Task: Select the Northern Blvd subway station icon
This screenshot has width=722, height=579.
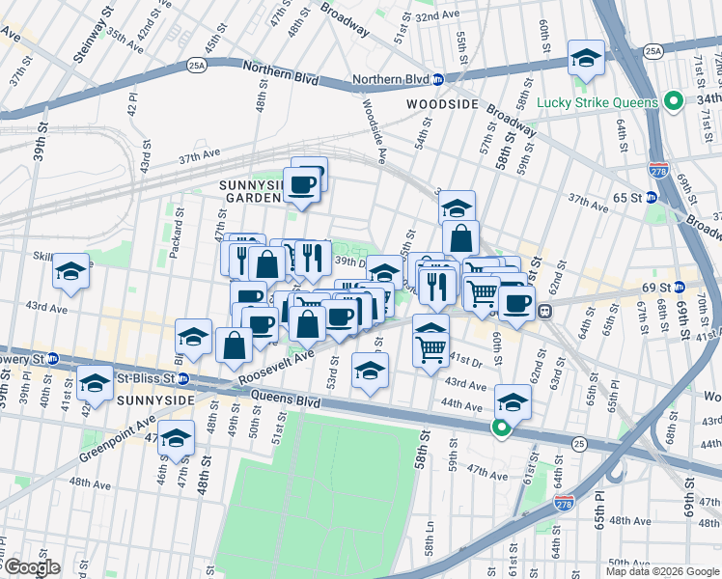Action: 437,79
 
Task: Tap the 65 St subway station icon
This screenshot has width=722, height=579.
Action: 651,197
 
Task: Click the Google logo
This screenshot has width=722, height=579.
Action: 32,567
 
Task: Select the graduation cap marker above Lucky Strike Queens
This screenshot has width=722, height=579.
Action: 586,60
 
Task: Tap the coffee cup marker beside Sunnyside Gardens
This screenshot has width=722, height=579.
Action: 301,185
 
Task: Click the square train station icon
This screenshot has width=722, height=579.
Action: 544,311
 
